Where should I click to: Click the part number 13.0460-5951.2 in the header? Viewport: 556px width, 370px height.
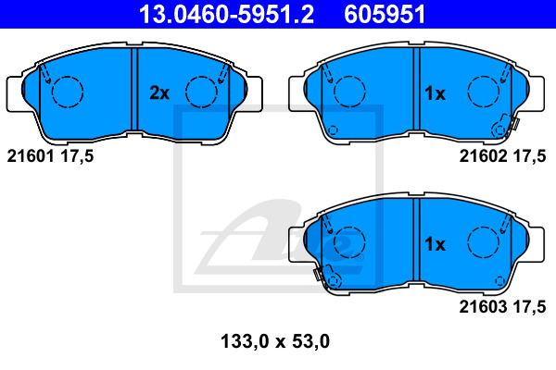click(226, 14)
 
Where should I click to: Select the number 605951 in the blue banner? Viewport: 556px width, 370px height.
click(385, 14)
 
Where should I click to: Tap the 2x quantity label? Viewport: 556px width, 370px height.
click(159, 93)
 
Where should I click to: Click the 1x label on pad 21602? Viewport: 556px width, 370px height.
click(435, 93)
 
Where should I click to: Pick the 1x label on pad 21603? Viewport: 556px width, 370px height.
click(435, 244)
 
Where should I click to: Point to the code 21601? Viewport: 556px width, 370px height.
click(31, 155)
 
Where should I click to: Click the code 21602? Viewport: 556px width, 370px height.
click(483, 155)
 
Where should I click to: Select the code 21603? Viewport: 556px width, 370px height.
click(483, 306)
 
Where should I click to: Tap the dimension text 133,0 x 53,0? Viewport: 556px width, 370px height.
click(275, 341)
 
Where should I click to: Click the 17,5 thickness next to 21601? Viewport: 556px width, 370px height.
click(77, 156)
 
